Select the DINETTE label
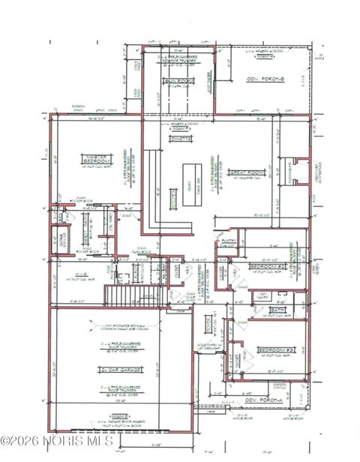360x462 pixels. [x=181, y=139]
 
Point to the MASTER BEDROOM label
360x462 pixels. [x=94, y=158]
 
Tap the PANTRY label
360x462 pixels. [x=229, y=241]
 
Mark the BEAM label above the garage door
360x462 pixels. [x=118, y=415]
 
